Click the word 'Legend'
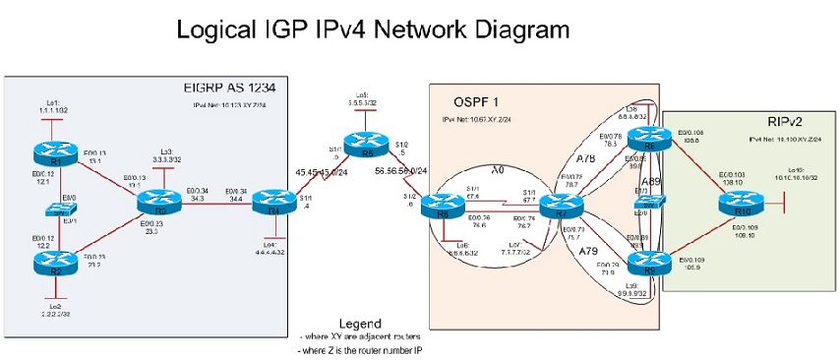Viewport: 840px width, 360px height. click(360, 324)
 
